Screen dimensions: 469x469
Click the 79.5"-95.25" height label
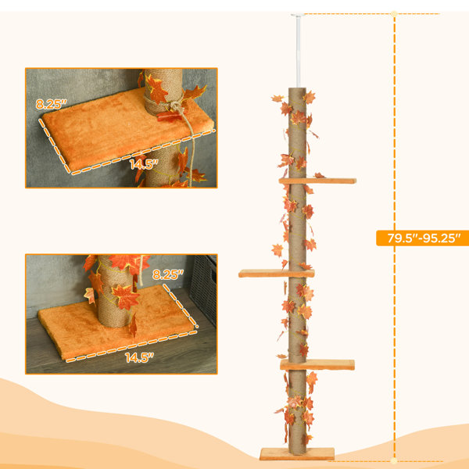click(x=423, y=238)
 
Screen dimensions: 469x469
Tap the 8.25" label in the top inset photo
click(x=51, y=104)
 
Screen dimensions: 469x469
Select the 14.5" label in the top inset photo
click(x=144, y=164)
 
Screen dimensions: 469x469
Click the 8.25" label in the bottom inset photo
click(x=168, y=274)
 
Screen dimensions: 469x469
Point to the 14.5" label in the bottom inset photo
click(x=139, y=357)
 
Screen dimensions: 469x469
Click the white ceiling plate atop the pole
click(x=298, y=15)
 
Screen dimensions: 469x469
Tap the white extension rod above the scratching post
click(x=298, y=52)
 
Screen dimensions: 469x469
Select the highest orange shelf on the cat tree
click(x=317, y=181)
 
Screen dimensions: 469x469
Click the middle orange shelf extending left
click(x=277, y=274)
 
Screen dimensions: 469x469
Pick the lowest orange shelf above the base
click(x=317, y=365)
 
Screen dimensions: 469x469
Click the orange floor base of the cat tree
click(x=297, y=453)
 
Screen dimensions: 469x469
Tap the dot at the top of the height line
click(x=394, y=14)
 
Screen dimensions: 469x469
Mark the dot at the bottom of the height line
click(x=394, y=460)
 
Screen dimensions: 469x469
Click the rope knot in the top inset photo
click(x=177, y=106)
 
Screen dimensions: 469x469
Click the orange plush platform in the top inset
click(x=126, y=129)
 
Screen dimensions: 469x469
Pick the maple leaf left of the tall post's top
click(x=277, y=98)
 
